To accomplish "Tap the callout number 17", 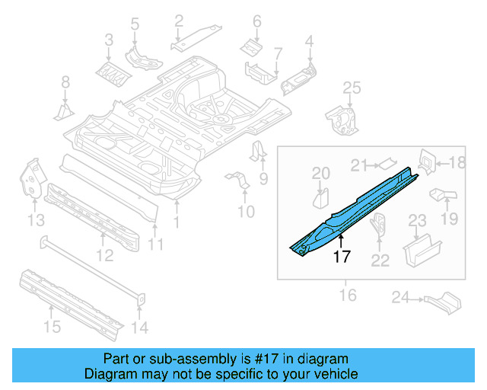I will pyautogui.click(x=342, y=257).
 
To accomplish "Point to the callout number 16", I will pyautogui.click(x=348, y=294).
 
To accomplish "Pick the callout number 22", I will pyautogui.click(x=380, y=261).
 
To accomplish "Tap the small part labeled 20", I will pyautogui.click(x=321, y=200).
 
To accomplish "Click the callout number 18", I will pyautogui.click(x=457, y=162).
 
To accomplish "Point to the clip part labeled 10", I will pyautogui.click(x=238, y=183).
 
